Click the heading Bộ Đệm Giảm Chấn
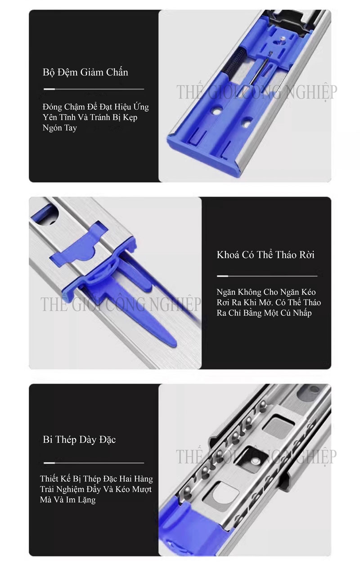point(85,72)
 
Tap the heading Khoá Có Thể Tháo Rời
point(265,254)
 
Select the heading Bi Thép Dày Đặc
point(79,440)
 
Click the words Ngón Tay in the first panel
point(60,128)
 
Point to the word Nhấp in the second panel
point(302,313)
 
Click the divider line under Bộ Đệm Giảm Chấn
point(94,89)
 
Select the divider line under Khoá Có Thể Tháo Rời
point(267,276)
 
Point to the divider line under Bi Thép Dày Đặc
point(94,463)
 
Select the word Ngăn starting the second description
point(226,292)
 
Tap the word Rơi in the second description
point(223,303)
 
